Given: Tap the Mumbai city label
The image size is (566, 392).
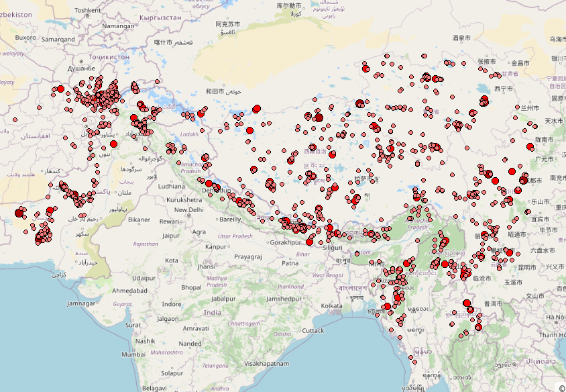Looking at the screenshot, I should coord(133,354).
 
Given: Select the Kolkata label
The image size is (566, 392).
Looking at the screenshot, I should coord(332,306).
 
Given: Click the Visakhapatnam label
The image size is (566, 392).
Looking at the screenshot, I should coord(266,364).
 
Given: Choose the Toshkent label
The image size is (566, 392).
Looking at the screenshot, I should coord(87,10).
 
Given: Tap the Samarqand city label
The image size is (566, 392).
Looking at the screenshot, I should coord(58,39).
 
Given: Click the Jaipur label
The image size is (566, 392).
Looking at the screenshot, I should coord(170,236).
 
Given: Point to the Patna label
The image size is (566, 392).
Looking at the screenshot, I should coord(290,264).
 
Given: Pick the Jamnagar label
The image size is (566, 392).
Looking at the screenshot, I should coord(81,303).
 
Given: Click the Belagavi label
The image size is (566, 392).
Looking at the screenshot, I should coord(154,388).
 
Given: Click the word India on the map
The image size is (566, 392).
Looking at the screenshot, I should coord(213,313).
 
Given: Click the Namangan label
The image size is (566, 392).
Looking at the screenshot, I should coord(119,26).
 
